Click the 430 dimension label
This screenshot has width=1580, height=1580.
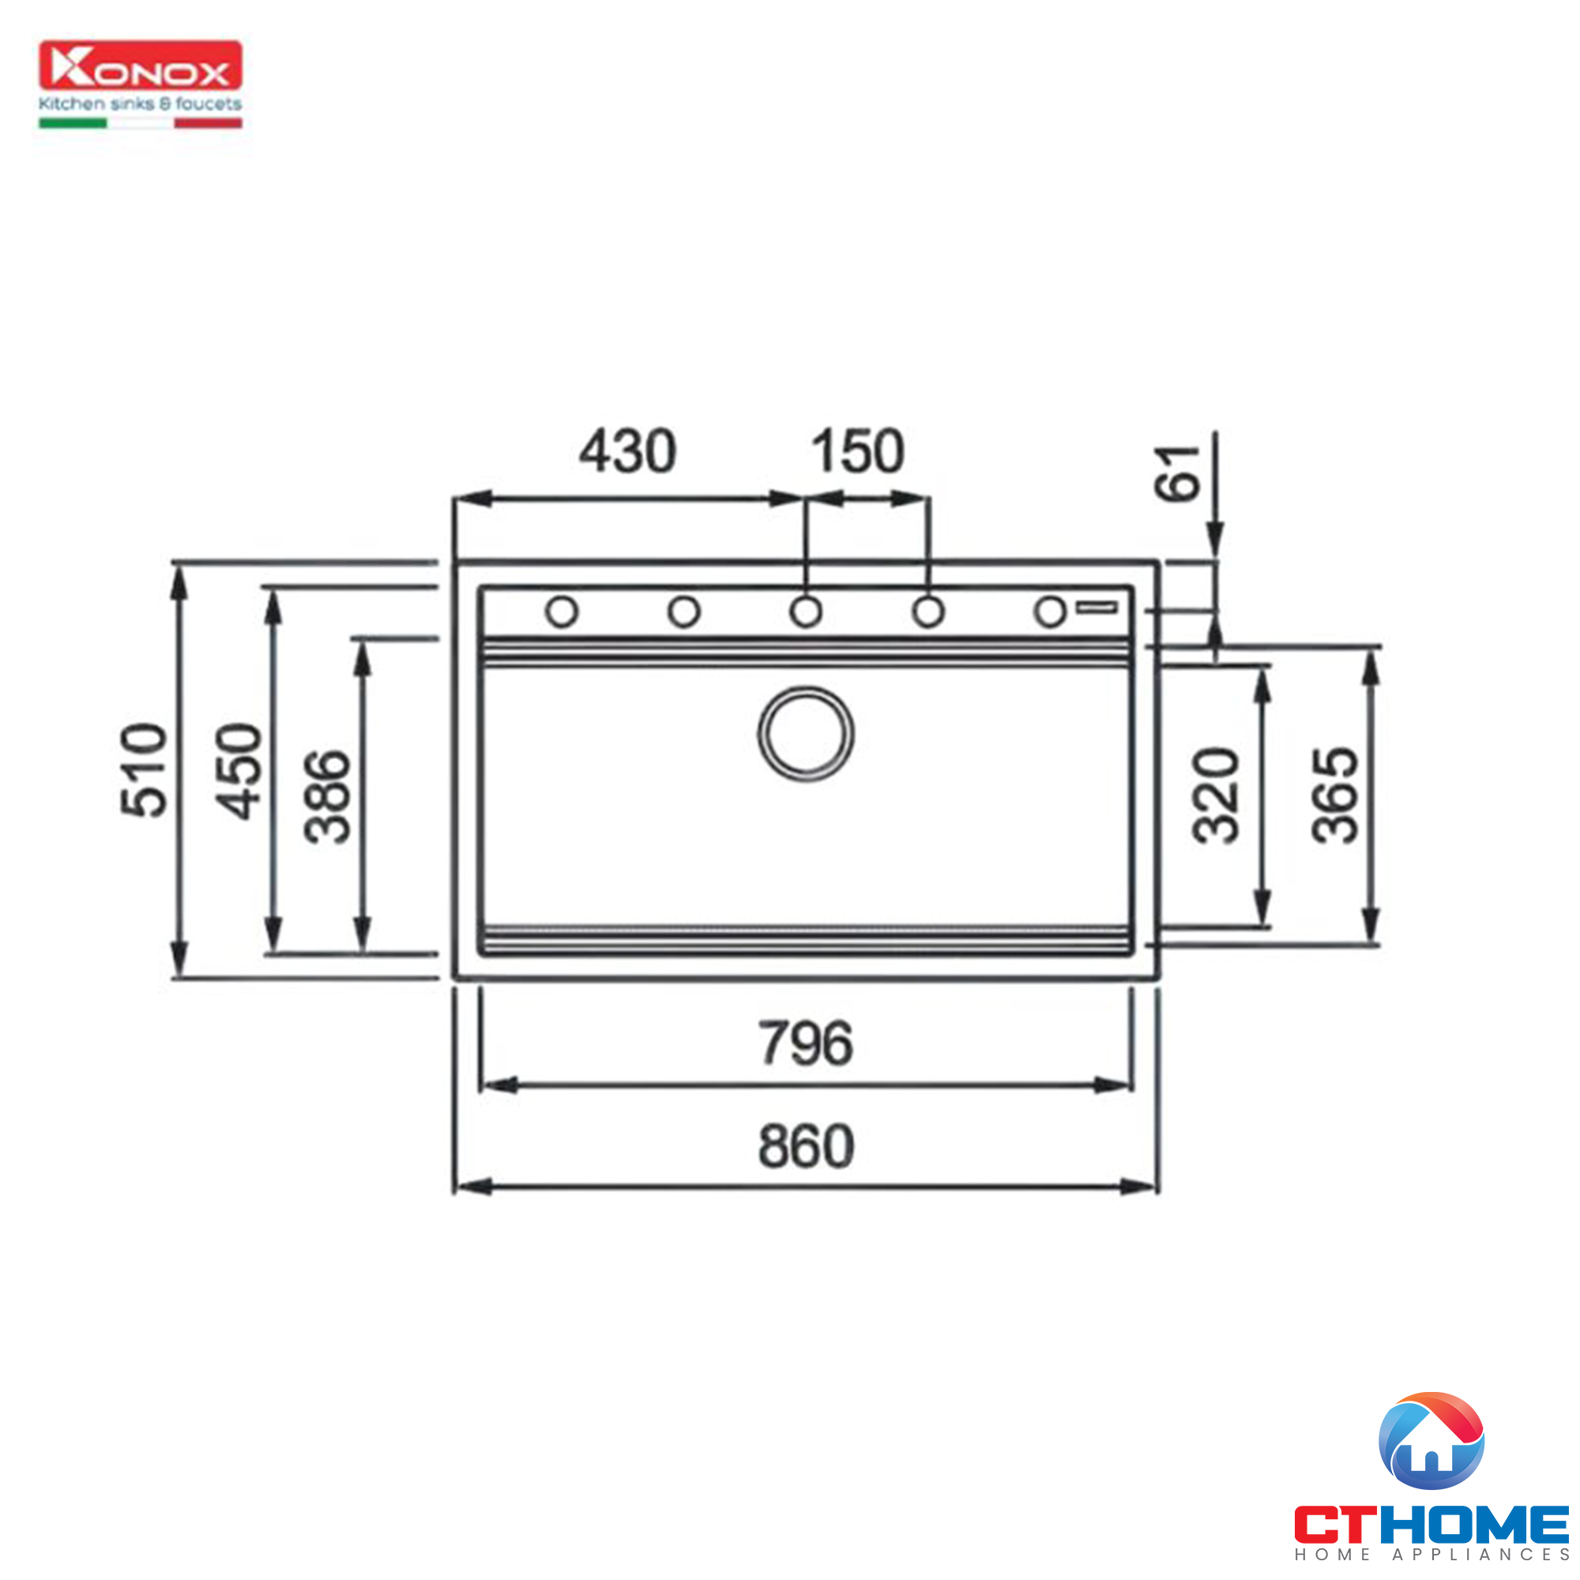[x=627, y=451]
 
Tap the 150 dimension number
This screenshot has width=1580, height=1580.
[x=858, y=451]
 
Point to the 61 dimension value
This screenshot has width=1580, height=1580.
[x=1177, y=472]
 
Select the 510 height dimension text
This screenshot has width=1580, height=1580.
[x=144, y=769]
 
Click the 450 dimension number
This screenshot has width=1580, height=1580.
[x=238, y=770]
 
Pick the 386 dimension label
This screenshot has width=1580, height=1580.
[x=327, y=796]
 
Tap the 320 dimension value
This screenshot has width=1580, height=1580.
[x=1216, y=795]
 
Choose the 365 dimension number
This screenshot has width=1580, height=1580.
[x=1334, y=795]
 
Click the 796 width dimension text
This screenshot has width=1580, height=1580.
[x=806, y=1043]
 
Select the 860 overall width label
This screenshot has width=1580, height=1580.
[x=807, y=1145]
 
